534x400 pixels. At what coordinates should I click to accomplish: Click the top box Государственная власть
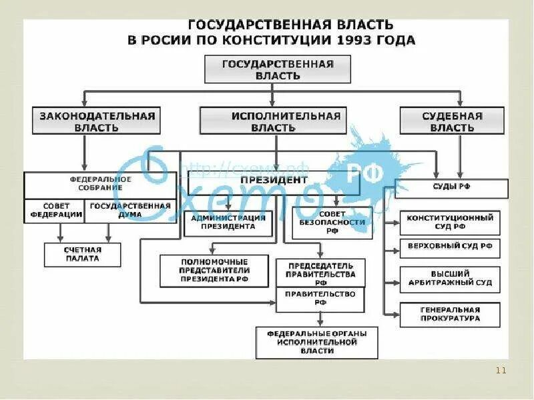278,69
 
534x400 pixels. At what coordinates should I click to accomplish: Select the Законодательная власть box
97,121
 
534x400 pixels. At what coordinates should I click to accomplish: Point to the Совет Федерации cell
55,210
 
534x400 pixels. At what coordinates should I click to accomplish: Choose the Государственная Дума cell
130,210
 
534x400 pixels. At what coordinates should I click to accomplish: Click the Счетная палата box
83,254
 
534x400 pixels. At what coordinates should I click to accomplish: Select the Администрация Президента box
228,222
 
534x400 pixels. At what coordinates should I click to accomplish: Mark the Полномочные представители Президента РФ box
214,270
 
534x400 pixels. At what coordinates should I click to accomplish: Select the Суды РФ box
451,187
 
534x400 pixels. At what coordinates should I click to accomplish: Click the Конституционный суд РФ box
450,222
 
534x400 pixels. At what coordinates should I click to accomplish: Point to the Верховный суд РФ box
450,247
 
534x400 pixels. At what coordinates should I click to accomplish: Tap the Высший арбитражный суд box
450,278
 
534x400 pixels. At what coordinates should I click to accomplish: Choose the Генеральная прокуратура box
450,314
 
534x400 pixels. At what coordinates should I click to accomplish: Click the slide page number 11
503,371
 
